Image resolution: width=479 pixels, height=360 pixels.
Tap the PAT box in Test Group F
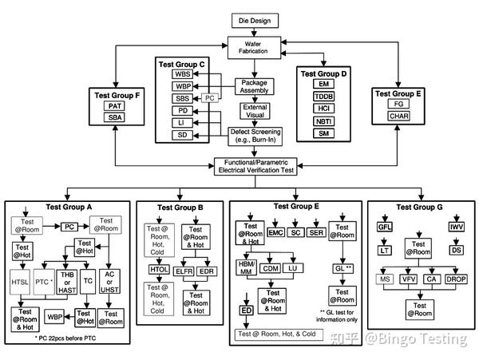point(116,105)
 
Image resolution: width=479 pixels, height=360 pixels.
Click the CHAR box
point(399,116)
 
